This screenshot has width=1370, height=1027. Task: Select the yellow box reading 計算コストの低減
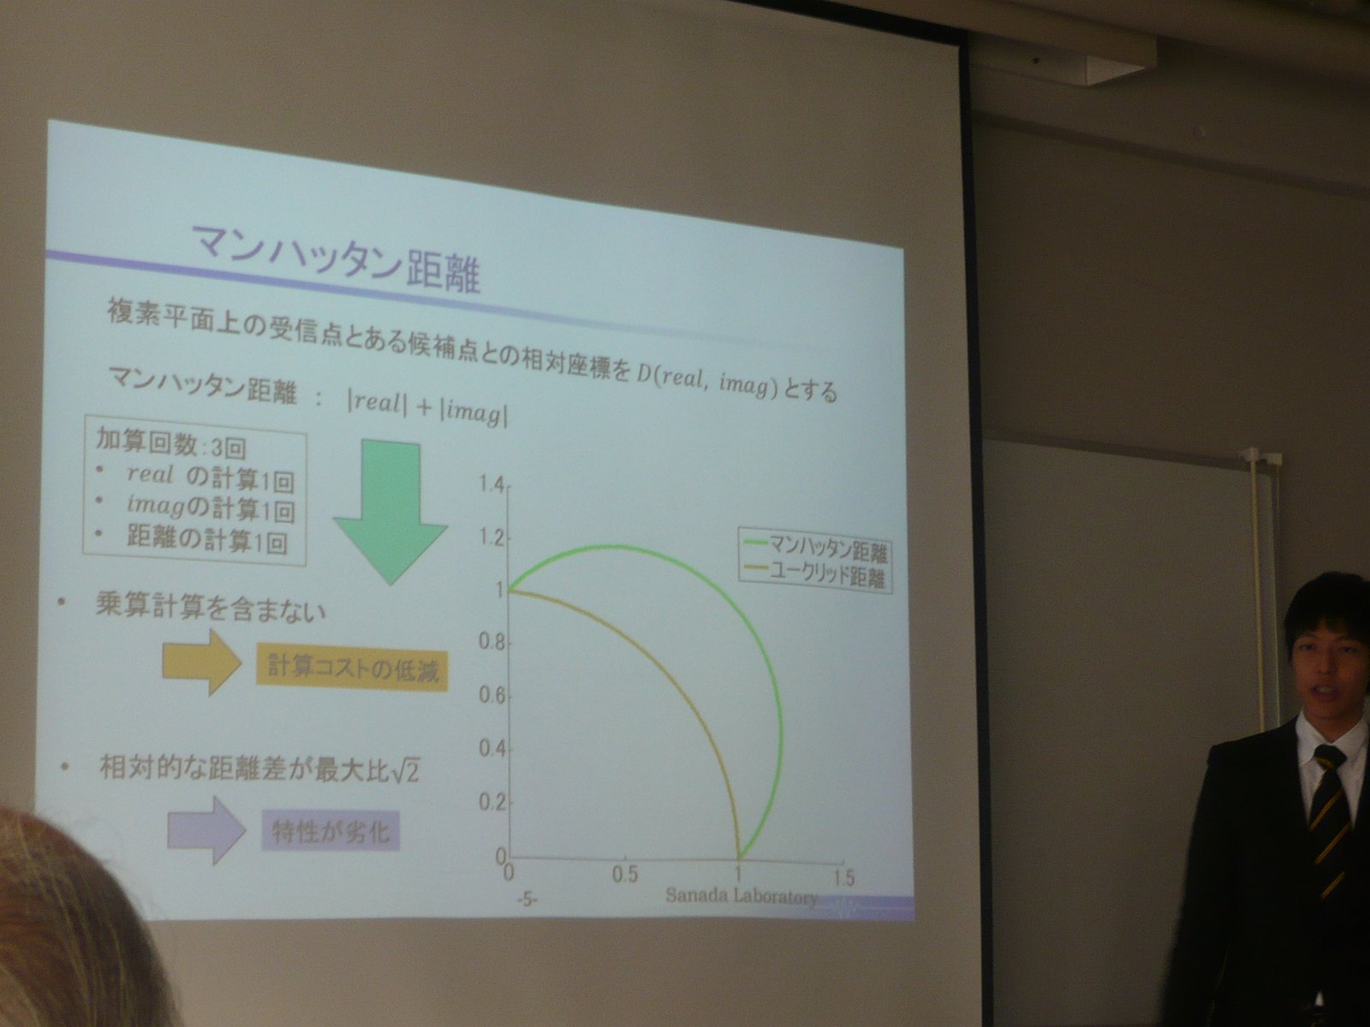(353, 669)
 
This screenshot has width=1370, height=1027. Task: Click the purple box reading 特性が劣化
(331, 829)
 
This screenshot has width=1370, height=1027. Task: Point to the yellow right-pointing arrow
(202, 662)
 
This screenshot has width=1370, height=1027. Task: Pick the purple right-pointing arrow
(206, 829)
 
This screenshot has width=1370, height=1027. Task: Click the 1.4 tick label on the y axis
(491, 484)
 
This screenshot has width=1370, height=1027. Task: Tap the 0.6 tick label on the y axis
(491, 695)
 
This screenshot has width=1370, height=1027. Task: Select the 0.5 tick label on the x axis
(625, 874)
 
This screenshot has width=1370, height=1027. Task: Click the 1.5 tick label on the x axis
(843, 877)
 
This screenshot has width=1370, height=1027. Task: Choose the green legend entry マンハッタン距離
(816, 549)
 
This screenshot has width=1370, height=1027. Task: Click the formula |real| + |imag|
(427, 409)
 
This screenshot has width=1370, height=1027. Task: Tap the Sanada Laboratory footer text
(741, 896)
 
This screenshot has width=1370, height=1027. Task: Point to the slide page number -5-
(527, 899)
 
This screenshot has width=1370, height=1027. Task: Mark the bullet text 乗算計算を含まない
(211, 607)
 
